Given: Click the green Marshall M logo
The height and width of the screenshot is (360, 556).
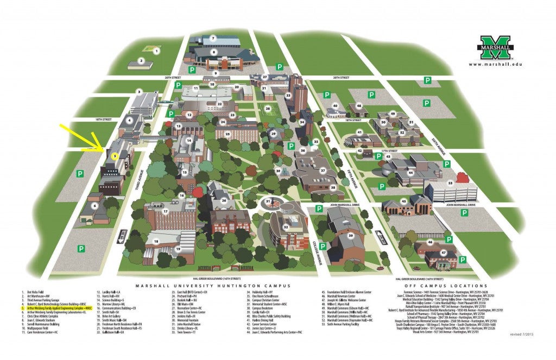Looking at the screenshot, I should (495, 48).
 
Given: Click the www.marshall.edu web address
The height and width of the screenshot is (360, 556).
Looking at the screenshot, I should (495, 64).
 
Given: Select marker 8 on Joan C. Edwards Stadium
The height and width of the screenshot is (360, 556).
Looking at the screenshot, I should (214, 53).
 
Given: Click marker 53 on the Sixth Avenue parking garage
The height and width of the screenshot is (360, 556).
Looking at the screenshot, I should (450, 183).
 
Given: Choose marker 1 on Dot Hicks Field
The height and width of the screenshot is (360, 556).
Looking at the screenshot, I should (156, 51).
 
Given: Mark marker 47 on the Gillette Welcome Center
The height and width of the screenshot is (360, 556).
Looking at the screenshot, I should (443, 253).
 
